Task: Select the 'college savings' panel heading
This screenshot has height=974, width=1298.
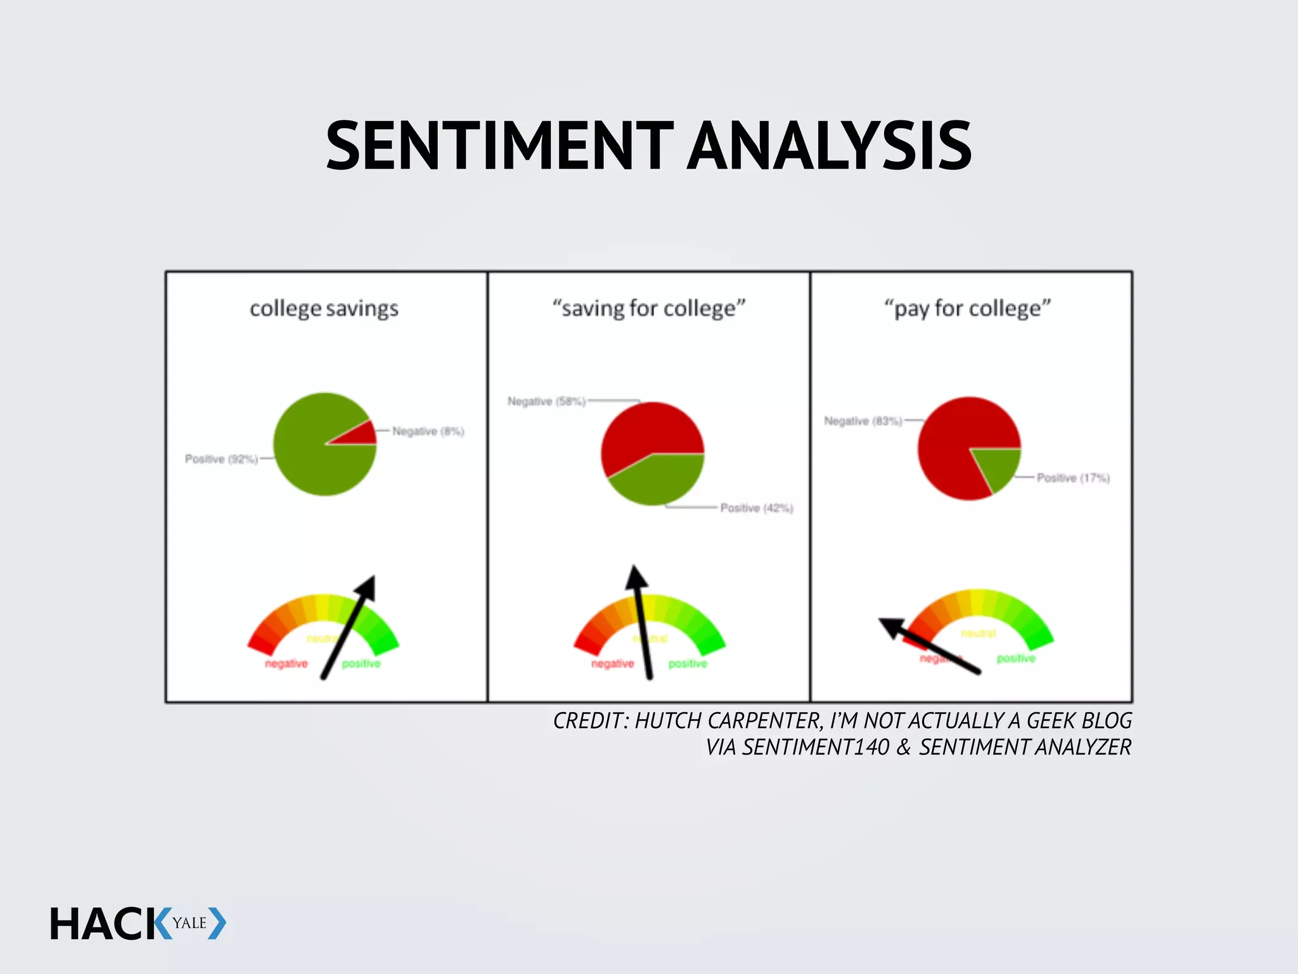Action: point(324,309)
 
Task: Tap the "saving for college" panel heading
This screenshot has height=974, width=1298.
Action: point(649,309)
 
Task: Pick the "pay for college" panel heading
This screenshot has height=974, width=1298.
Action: point(968,309)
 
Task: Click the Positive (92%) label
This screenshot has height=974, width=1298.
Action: point(221,459)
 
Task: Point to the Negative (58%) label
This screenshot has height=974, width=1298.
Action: point(546,401)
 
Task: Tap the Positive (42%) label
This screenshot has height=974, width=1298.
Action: point(757,508)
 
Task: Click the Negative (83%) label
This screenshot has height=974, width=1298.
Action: point(863,421)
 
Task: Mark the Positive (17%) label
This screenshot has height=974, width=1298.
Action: point(1073,478)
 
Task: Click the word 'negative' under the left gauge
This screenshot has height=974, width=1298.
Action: point(286,664)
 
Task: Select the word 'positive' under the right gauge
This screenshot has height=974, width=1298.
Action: point(1016,659)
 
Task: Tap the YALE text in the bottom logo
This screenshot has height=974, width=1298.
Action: point(190,923)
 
